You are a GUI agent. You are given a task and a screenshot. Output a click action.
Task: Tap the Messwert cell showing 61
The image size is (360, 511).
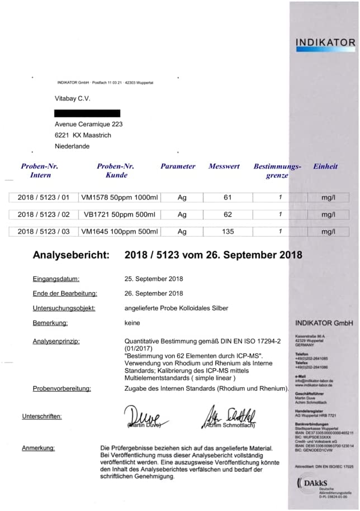pos(227,197)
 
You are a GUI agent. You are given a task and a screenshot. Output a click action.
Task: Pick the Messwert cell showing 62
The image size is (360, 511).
pos(227,214)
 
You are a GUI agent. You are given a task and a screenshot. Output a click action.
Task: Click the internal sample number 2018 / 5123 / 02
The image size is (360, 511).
pos(44,214)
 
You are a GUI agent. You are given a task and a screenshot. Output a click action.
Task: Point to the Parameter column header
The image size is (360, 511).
pos(178,166)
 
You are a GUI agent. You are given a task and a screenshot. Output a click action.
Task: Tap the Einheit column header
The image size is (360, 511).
pos(325,166)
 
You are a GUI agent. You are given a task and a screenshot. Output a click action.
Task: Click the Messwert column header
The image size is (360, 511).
pos(224,166)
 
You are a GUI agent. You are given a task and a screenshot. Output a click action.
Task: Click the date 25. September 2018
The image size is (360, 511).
pos(154,278)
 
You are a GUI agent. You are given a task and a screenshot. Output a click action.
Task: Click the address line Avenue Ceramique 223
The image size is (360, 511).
pos(88,125)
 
